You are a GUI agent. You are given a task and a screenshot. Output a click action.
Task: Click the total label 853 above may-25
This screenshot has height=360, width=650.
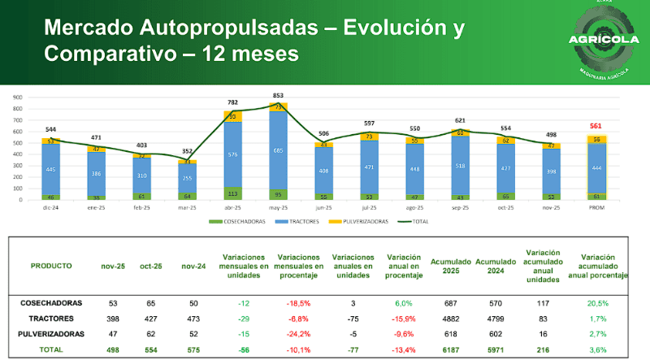click(279, 96)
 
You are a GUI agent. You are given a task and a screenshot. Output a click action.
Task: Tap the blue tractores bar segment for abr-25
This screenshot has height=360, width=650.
click(234, 154)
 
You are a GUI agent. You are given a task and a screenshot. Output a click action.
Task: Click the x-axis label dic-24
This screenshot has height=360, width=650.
click(51, 207)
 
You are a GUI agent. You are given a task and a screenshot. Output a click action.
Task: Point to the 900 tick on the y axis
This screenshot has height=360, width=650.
click(17, 97)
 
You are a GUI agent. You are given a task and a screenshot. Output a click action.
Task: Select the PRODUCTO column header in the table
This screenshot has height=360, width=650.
click(51, 266)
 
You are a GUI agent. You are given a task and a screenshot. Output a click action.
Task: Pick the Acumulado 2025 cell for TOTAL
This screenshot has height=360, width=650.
click(448, 349)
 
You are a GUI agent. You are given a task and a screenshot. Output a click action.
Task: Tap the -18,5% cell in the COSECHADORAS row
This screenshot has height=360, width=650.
click(296, 302)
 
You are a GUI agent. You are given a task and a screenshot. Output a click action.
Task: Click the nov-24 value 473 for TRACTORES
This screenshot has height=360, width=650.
click(192, 319)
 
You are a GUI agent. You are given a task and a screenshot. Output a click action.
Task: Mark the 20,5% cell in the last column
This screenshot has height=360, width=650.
click(600, 302)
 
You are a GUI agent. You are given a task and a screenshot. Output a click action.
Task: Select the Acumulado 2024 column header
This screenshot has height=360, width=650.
click(492, 266)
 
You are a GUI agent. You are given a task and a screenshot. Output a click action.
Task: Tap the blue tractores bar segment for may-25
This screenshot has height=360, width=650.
click(279, 150)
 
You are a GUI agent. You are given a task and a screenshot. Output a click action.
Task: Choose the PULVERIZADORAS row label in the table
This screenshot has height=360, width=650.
click(51, 334)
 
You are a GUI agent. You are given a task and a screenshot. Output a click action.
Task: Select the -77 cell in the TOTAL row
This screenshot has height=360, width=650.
click(353, 349)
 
